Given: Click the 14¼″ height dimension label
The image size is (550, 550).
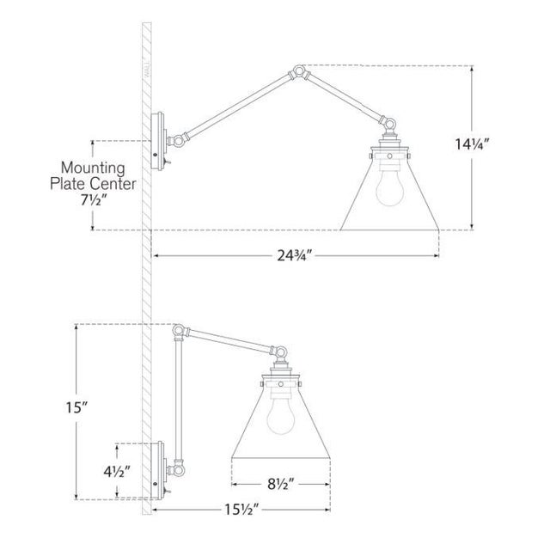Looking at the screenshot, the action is click(x=472, y=144).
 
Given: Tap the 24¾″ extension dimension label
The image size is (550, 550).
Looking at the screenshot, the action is click(x=294, y=256).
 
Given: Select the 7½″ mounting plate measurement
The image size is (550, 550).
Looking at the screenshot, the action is click(x=94, y=200).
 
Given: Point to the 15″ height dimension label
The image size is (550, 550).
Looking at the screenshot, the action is click(x=76, y=407).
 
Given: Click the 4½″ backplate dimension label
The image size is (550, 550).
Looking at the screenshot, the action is click(x=117, y=472).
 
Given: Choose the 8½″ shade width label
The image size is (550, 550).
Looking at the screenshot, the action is click(x=280, y=485).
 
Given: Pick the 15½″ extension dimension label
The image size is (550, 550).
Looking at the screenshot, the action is click(x=241, y=510).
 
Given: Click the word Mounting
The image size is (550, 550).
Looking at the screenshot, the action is click(x=93, y=168).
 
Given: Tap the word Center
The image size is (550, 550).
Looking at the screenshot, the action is click(x=113, y=183).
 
